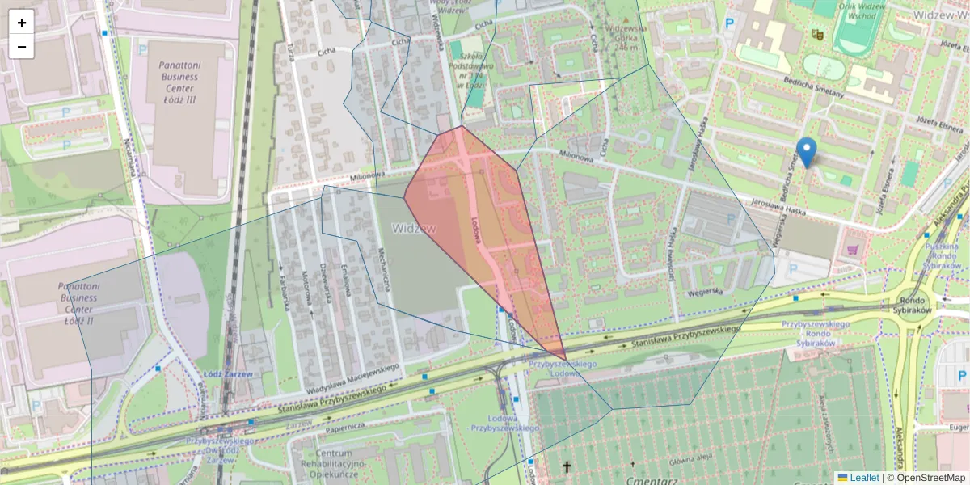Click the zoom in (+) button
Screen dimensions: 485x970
click(x=22, y=23)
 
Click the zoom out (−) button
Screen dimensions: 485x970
click(x=22, y=47)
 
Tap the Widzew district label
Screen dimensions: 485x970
click(x=414, y=229)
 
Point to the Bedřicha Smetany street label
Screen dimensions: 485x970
click(x=814, y=87)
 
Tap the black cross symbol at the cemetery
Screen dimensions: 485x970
click(x=567, y=467)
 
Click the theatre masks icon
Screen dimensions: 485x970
click(x=817, y=35)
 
